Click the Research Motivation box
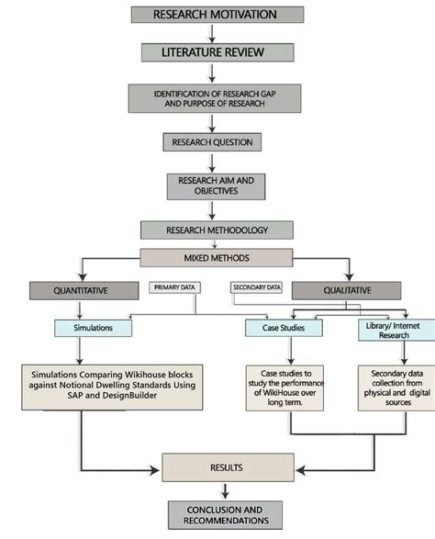coord(217,14)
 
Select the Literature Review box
coord(217,52)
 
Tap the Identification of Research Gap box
coord(217,98)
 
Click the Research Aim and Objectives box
coord(217,185)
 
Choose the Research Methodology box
coord(217,230)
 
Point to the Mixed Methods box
coord(217,258)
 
